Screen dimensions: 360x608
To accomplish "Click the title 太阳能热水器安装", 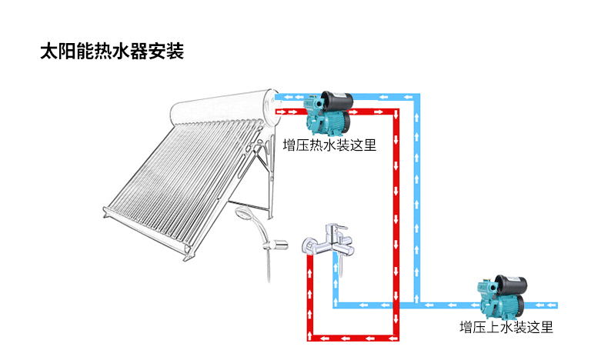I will (111, 53).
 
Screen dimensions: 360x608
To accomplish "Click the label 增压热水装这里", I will (329, 145).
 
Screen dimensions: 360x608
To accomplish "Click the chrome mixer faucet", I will (326, 240).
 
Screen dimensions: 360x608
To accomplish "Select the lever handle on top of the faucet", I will (336, 228).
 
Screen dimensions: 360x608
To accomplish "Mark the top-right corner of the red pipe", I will (396, 112).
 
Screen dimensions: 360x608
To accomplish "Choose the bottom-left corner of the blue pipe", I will (336, 305).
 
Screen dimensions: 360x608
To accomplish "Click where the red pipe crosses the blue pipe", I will (396, 305).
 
